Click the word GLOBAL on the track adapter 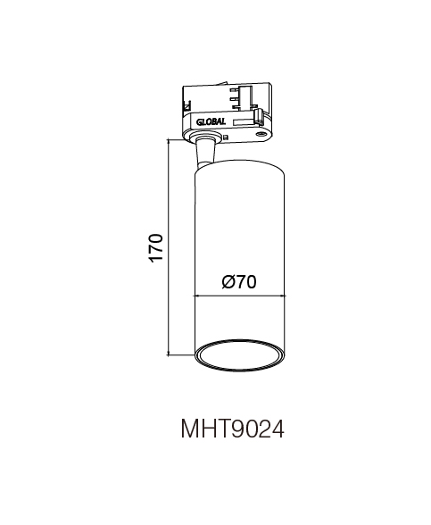pos(211,121)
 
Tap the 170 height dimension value pos(156,248)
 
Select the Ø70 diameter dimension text pos(239,282)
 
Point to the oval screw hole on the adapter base pos(260,134)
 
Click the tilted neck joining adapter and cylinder pos(206,153)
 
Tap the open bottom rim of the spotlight pos(239,355)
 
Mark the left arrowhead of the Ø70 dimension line pos(197,296)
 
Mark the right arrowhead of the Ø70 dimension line pos(282,296)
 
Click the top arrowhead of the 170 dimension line pos(169,142)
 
